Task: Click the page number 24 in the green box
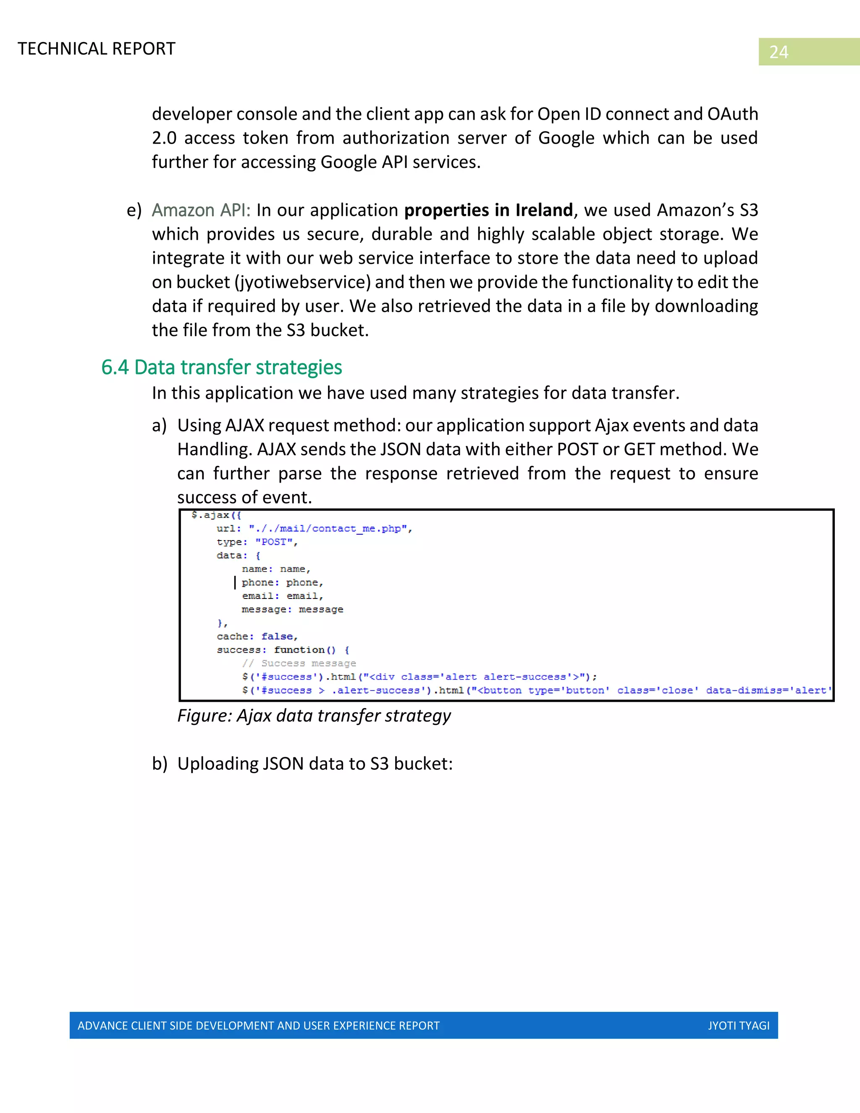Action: click(779, 52)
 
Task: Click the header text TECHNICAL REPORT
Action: click(96, 49)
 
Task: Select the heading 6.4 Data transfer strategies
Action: click(222, 367)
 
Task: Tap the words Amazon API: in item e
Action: click(201, 210)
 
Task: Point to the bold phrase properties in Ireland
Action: click(488, 210)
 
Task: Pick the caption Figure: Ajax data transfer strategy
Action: click(314, 716)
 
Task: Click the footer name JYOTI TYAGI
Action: click(738, 1025)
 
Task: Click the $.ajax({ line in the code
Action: click(216, 515)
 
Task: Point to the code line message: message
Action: click(292, 609)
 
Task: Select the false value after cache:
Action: click(277, 636)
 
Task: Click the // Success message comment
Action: click(299, 664)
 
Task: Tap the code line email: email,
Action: click(282, 596)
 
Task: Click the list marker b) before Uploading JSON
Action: click(160, 764)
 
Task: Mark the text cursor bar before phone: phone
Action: click(235, 583)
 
